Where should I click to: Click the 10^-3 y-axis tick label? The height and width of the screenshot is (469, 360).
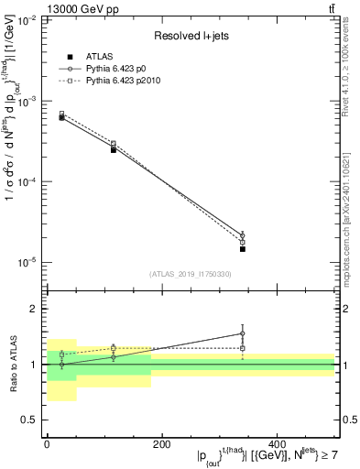(25, 102)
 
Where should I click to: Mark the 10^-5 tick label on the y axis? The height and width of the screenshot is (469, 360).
(25, 263)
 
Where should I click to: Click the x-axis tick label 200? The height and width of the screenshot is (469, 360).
(161, 444)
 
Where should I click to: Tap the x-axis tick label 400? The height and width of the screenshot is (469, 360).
(277, 444)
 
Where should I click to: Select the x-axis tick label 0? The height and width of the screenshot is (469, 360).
(47, 444)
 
